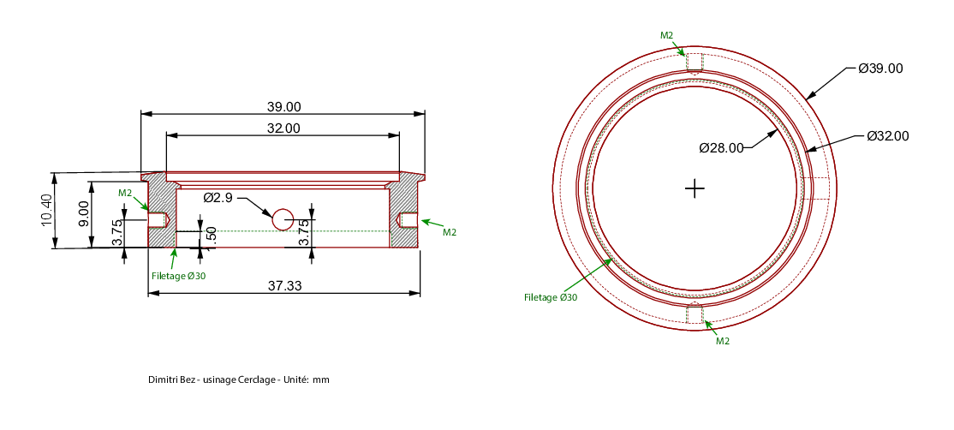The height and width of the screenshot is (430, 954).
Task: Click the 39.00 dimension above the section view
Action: point(283,107)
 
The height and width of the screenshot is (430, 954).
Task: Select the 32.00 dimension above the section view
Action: point(283,128)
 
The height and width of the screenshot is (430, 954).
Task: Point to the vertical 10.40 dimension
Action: point(47,211)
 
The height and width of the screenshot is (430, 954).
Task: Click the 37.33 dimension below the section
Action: point(283,285)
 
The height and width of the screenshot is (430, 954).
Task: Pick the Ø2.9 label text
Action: point(218,198)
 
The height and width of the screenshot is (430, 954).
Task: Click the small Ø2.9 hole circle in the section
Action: point(283,219)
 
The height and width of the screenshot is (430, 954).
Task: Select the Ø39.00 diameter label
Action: point(880,69)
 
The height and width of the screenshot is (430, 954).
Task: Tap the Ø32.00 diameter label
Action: point(888,136)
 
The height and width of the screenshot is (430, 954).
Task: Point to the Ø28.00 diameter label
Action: point(722,148)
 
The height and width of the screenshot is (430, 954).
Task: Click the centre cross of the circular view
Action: point(695,188)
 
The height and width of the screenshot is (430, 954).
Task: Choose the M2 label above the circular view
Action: point(667,35)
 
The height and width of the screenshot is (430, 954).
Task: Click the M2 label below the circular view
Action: point(722,341)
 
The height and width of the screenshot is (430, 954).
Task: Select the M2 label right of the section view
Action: point(449,232)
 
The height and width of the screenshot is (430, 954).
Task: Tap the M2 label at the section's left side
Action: point(125,193)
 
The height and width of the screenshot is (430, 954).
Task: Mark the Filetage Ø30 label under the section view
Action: point(178,276)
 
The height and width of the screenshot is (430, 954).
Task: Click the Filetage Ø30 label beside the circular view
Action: point(551,297)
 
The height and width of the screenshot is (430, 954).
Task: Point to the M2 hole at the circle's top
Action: point(695,62)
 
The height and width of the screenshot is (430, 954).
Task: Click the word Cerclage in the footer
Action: point(260,379)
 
